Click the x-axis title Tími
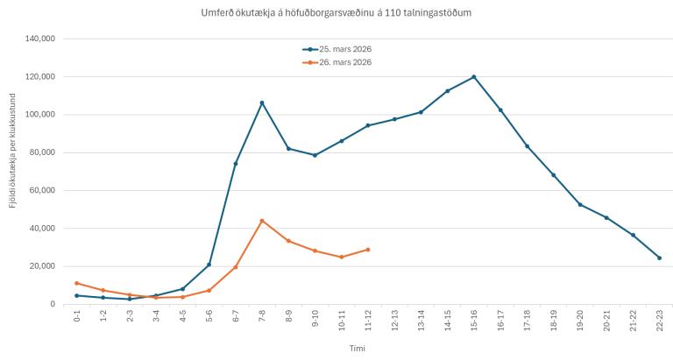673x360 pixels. (x=356, y=348)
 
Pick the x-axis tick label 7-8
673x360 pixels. (x=262, y=321)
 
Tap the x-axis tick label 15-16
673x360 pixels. (x=474, y=321)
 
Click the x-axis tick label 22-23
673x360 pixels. (x=659, y=321)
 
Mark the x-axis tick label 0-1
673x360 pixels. (x=77, y=321)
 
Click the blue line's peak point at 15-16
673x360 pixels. (x=474, y=76)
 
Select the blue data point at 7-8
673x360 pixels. (x=262, y=102)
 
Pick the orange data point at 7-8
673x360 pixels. (x=262, y=221)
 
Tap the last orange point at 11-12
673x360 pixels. (x=368, y=250)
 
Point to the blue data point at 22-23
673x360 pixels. (x=659, y=258)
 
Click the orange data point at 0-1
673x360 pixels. (x=77, y=283)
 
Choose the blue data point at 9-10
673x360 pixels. (x=315, y=155)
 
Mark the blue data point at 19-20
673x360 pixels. (x=580, y=204)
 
